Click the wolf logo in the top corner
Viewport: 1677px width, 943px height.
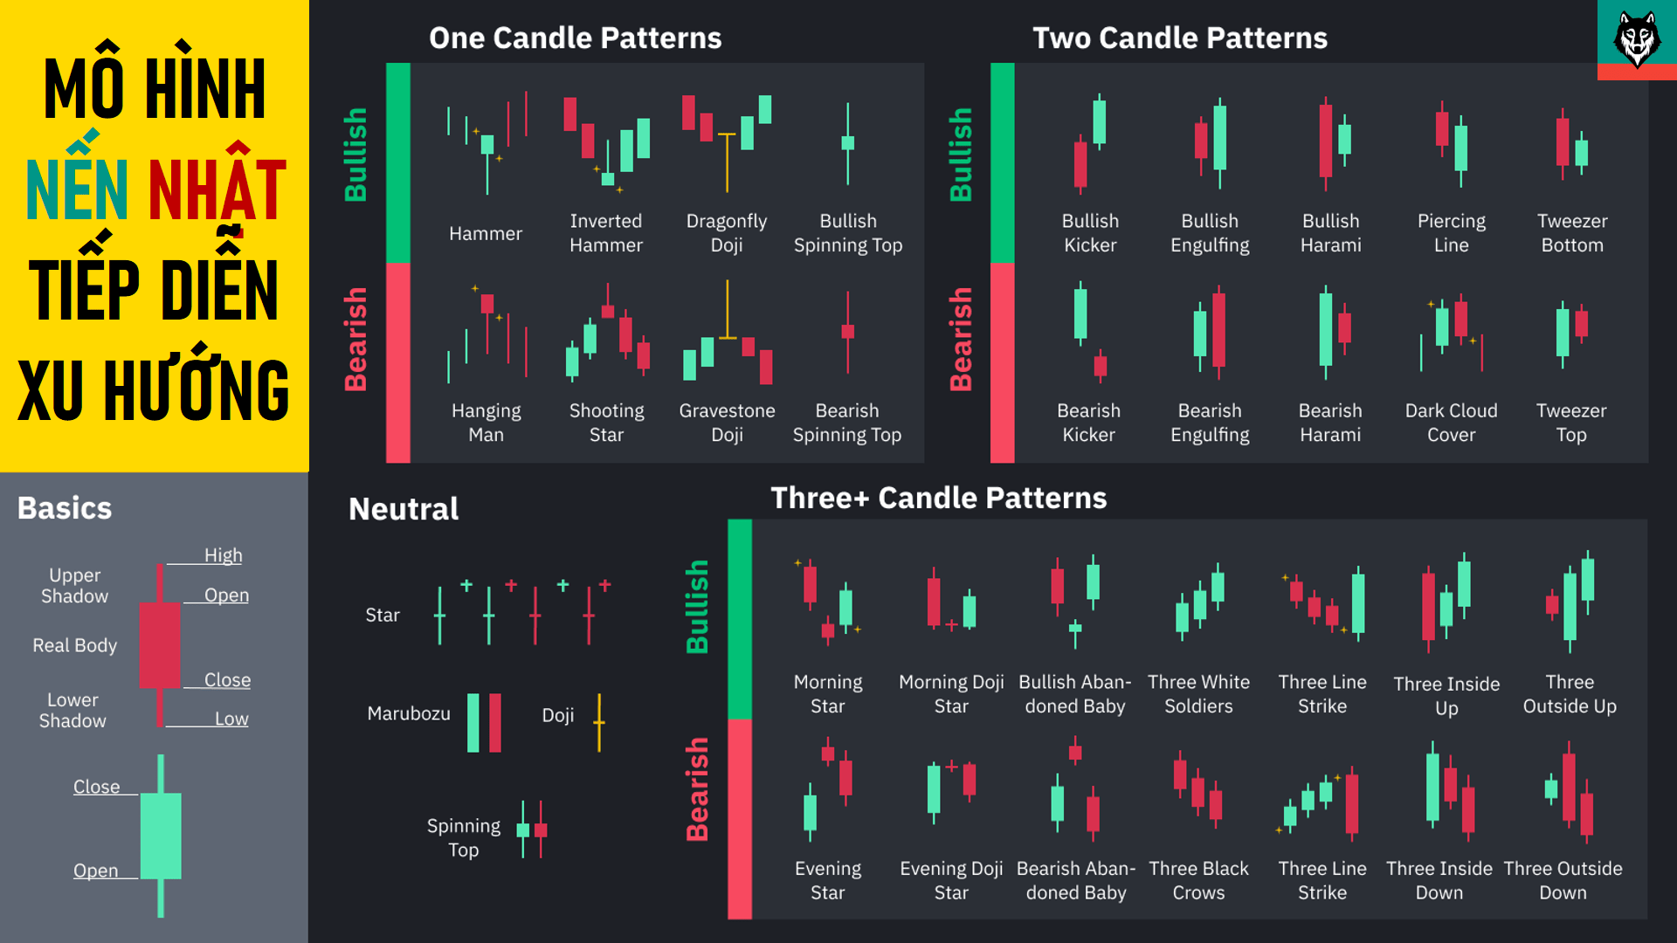[x=1636, y=39]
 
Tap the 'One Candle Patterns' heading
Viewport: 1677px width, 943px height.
[x=575, y=38]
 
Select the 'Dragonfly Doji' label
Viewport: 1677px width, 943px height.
[x=727, y=233]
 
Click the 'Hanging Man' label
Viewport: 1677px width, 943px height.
[x=486, y=423]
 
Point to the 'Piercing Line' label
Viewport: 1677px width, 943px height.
[x=1451, y=233]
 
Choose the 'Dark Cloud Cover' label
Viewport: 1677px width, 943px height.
[x=1451, y=423]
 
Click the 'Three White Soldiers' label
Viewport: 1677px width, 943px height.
[x=1198, y=694]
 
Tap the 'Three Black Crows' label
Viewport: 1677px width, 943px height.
[x=1198, y=880]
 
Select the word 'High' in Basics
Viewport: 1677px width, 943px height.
[x=223, y=555]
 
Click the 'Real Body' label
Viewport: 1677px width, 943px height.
[x=75, y=645]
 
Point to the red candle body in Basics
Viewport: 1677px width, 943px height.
[x=160, y=644]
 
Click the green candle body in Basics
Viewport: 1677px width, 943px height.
[x=161, y=836]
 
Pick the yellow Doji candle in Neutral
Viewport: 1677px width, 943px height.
[x=599, y=722]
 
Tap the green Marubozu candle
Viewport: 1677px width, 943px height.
[x=473, y=722]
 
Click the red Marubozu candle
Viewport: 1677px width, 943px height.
[x=495, y=722]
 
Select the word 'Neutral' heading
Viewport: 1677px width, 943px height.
[x=404, y=509]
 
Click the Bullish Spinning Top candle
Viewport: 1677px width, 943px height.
[x=847, y=143]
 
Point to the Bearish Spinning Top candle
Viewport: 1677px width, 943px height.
[x=847, y=332]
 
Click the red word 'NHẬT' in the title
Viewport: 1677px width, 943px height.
[x=217, y=189]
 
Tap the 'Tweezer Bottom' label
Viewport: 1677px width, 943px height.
[x=1572, y=233]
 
